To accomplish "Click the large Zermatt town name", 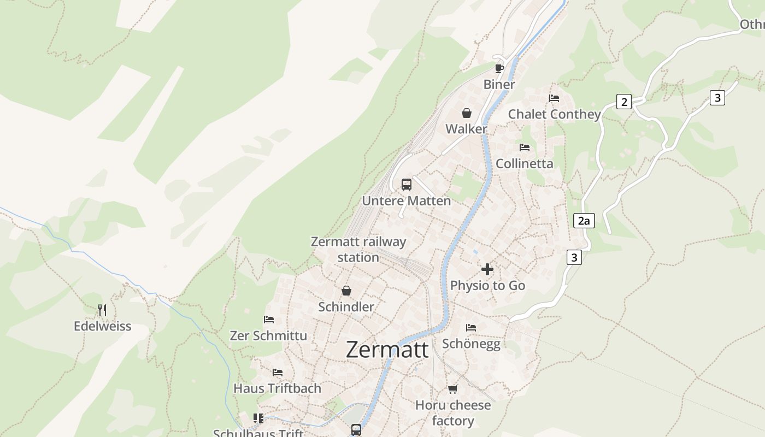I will click(387, 350).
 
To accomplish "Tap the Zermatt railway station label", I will click(358, 249).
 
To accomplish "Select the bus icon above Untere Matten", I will click(407, 185).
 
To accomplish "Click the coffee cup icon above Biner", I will click(499, 68).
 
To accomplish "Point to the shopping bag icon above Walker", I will click(467, 113).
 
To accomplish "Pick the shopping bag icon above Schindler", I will click(346, 291).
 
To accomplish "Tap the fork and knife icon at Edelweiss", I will click(102, 310).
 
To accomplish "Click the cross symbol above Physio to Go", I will click(487, 269).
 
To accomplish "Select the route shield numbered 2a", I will click(584, 221).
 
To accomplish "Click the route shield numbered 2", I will click(624, 102).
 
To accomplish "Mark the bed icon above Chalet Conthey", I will click(554, 98).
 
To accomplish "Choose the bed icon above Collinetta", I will click(525, 147).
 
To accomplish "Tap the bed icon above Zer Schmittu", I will click(269, 320).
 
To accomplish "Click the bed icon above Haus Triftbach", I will click(278, 373).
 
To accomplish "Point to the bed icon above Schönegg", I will click(471, 328).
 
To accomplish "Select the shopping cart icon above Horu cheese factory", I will click(452, 389).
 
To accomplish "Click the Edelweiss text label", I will click(103, 326).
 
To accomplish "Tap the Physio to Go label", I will click(487, 285).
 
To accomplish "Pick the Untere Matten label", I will click(407, 200).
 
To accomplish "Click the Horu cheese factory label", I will click(453, 413).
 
